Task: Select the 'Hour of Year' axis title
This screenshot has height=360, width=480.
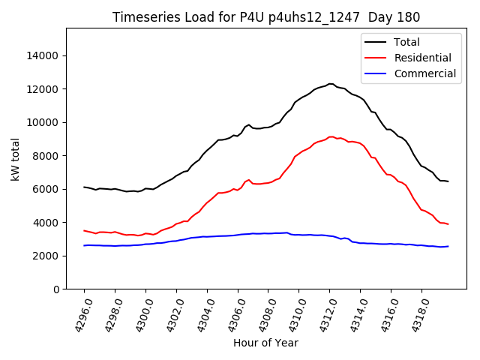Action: (x=265, y=343)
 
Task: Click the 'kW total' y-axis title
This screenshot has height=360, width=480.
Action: (x=16, y=159)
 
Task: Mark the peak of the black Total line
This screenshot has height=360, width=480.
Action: (x=330, y=84)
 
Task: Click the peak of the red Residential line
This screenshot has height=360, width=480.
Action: (x=331, y=137)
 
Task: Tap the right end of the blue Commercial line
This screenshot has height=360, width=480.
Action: (x=448, y=246)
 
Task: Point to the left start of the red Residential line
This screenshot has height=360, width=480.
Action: (x=84, y=230)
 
